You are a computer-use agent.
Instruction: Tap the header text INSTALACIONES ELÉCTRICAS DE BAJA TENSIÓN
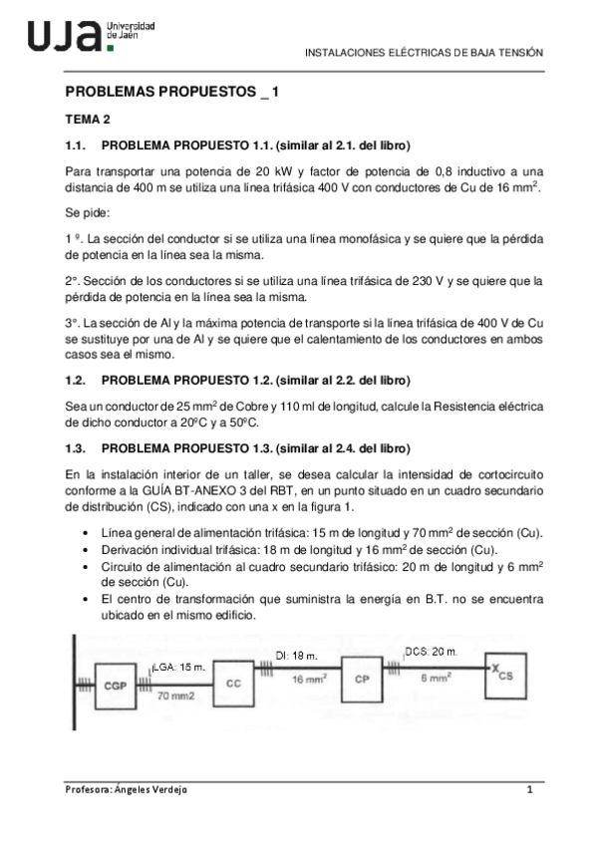(423, 53)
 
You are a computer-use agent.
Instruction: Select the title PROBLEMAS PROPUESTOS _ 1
(171, 91)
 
